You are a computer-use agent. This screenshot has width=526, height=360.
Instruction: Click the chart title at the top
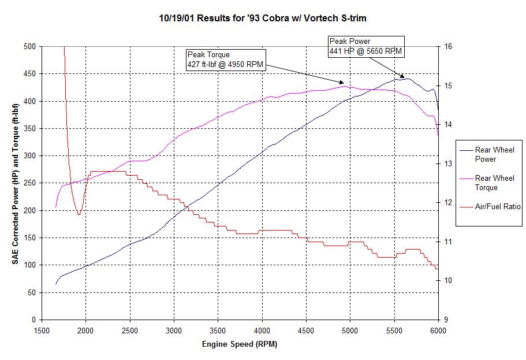tap(263, 18)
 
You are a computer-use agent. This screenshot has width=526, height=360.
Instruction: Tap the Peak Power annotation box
tap(366, 46)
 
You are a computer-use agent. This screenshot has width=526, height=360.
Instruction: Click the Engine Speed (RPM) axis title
tap(240, 344)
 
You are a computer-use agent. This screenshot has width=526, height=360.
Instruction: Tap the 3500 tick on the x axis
tap(218, 331)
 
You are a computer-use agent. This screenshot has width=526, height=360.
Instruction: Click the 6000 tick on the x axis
tap(438, 331)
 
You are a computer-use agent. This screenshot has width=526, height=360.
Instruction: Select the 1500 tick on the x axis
tap(42, 331)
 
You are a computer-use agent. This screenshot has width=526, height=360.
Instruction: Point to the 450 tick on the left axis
tap(30, 74)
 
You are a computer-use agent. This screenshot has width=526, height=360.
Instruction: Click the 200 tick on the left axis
tap(30, 210)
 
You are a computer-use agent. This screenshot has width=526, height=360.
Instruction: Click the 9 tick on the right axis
tap(445, 320)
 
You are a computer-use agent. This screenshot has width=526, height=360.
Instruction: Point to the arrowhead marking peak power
tap(402, 76)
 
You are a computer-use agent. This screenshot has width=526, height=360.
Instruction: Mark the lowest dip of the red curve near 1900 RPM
tap(79, 214)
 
